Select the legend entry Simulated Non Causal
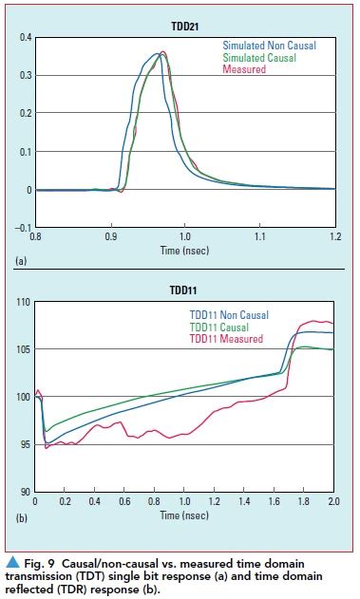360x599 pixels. [x=269, y=45]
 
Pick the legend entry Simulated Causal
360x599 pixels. [x=259, y=57]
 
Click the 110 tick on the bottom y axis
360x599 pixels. [x=22, y=302]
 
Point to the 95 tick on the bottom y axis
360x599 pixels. [x=24, y=444]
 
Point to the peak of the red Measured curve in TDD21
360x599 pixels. [x=163, y=52]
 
